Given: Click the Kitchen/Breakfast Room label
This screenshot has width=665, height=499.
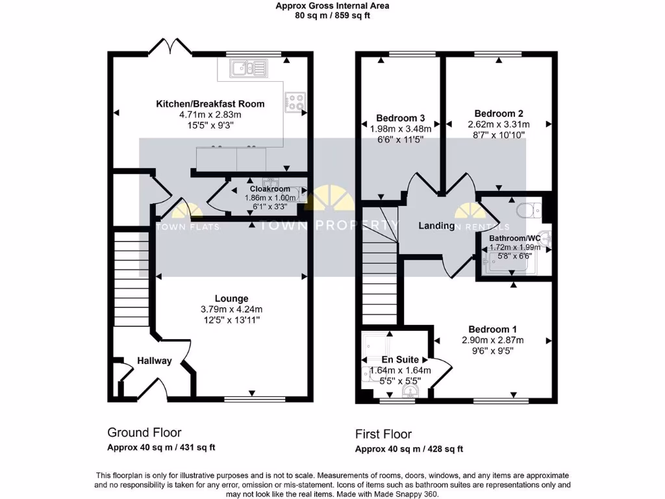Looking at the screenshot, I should (210, 104).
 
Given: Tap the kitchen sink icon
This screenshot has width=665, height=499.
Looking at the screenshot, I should (248, 66).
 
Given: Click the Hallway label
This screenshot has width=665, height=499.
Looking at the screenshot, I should (154, 361).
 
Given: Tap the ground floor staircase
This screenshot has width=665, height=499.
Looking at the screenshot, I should (132, 279).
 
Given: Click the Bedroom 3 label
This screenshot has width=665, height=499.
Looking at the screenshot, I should (400, 118).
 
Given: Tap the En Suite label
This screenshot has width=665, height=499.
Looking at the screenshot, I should (399, 359).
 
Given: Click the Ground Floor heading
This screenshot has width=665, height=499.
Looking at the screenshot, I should (144, 432).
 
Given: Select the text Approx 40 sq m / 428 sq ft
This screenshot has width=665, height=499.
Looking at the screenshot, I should (408, 449).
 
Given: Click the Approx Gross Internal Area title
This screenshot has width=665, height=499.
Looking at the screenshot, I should (332, 6).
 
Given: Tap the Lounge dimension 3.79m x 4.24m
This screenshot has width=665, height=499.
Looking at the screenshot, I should (231, 309).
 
